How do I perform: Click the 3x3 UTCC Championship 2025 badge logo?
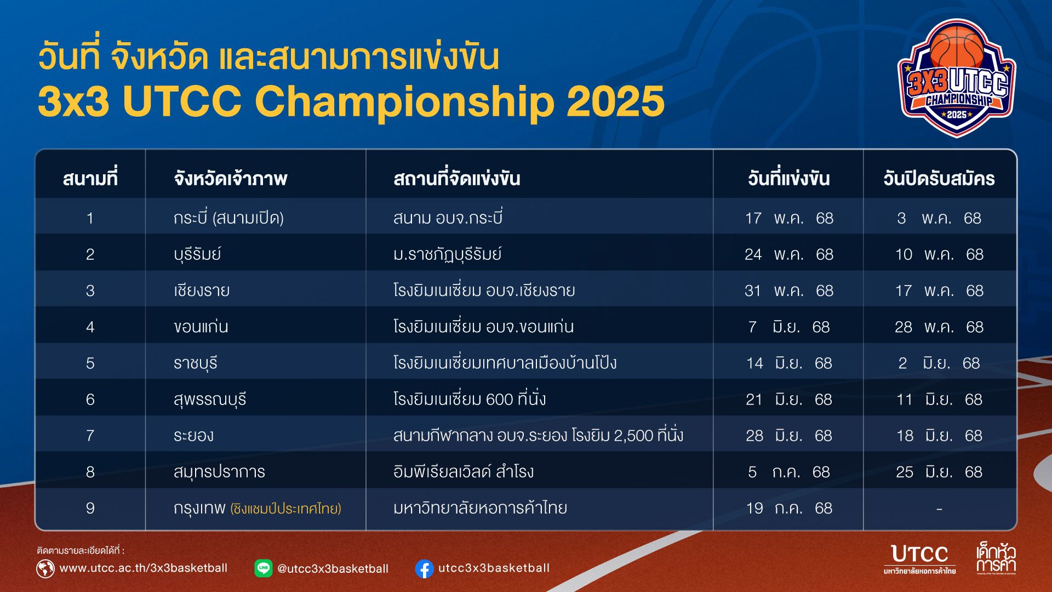957,78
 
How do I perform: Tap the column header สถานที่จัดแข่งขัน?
456,178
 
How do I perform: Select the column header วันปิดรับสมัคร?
939,178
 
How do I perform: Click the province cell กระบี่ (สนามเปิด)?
228,218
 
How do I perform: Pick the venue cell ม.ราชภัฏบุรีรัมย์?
447,254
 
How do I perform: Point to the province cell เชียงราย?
202,290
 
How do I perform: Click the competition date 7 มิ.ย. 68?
788,327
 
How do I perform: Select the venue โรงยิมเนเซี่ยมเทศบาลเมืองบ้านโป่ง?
505,362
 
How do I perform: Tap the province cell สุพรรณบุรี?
210,399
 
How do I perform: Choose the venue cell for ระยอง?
538,435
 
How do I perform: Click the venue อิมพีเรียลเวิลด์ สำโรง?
463,471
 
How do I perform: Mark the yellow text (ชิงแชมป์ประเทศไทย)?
285,509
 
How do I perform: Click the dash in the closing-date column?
939,509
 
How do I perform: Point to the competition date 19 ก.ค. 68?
788,508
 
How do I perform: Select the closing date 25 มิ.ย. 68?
939,472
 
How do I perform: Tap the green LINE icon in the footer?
264,568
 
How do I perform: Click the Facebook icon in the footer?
425,568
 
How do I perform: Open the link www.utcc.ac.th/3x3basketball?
144,568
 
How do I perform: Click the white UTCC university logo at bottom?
919,559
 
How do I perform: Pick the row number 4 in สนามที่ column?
90,327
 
